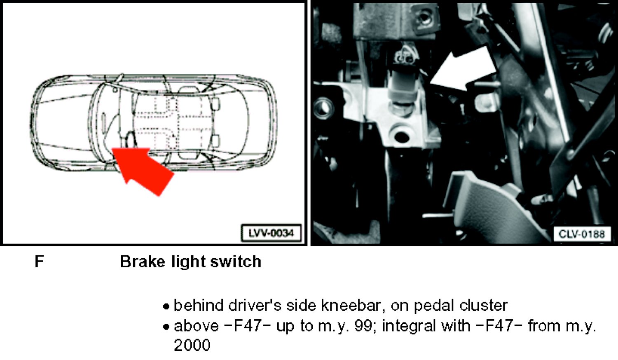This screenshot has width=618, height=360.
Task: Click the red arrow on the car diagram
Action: tap(142, 169)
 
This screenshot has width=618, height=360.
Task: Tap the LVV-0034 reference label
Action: tap(271, 234)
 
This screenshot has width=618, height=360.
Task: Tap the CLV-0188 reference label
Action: tap(582, 234)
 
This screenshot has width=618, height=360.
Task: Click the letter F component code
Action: tap(39, 261)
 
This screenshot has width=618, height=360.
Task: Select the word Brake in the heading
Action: tap(143, 261)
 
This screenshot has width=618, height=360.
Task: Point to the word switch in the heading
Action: tap(236, 261)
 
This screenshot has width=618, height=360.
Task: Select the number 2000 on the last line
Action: tap(192, 345)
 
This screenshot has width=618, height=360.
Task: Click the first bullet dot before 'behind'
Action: tap(166, 306)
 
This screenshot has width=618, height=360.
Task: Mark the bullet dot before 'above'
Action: tap(166, 327)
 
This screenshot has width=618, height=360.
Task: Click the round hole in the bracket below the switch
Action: tap(402, 136)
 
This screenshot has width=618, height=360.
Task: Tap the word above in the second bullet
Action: tap(197, 326)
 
